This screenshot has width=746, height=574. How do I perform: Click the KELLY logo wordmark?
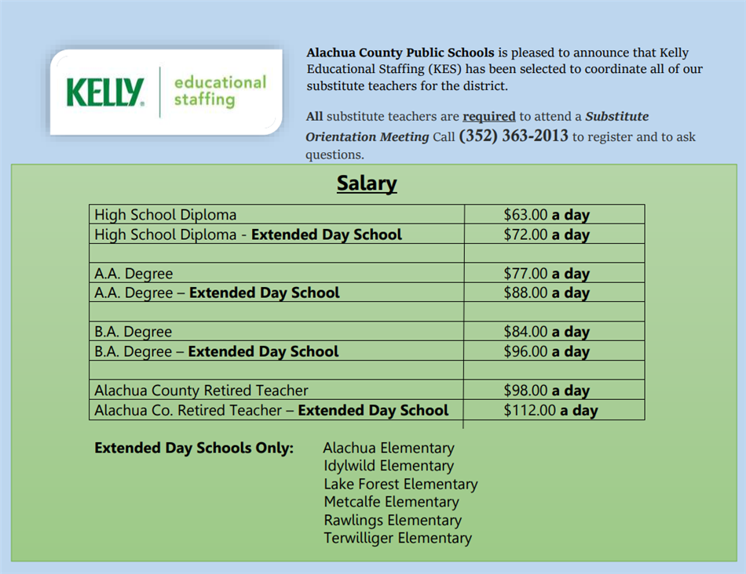coord(105,92)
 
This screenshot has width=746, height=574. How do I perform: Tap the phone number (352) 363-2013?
coord(513,136)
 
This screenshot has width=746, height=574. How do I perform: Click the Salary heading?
coord(367,183)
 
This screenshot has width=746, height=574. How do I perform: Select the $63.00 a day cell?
coord(547,215)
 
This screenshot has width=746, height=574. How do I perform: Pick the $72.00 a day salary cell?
coord(547,234)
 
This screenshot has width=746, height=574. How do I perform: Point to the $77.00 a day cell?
coord(547,274)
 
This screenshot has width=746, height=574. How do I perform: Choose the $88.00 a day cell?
coord(547,293)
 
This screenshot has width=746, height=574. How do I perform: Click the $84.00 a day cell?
coord(547,332)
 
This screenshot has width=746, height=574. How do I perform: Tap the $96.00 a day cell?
coord(547,351)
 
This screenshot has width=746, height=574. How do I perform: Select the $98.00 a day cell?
coord(547,391)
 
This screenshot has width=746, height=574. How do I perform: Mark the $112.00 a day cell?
coord(550,410)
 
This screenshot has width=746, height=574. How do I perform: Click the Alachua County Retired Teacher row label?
coord(201,391)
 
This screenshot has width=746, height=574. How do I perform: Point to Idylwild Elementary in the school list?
coord(389,466)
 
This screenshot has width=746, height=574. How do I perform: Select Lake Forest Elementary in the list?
coord(400,484)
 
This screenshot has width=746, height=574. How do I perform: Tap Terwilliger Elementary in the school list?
coord(397,538)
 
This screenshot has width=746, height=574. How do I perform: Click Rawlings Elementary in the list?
coord(393,520)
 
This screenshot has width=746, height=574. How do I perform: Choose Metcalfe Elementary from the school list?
coord(391,502)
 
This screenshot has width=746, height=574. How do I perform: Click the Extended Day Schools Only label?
coord(194,448)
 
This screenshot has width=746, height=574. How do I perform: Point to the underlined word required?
coord(488,117)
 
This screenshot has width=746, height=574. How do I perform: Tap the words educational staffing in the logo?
coord(220,91)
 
